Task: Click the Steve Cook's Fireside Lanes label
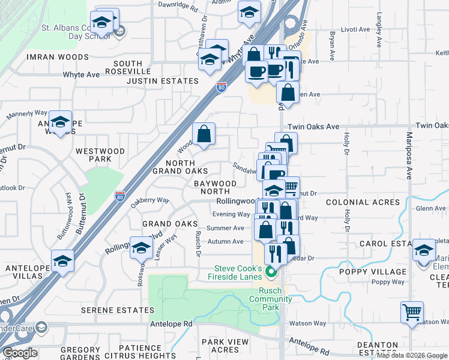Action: tap(238, 272)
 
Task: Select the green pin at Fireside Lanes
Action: tap(271, 273)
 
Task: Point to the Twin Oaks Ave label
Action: tap(313, 127)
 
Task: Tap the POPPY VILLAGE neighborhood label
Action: tap(381, 271)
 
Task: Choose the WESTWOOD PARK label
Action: tap(100, 155)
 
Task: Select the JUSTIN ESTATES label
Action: tap(162, 81)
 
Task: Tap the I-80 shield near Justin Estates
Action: tap(221, 86)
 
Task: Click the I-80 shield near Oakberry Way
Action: tap(120, 196)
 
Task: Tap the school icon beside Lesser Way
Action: tap(141, 247)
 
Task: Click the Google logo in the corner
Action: tap(20, 353)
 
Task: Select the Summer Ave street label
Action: tap(225, 228)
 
